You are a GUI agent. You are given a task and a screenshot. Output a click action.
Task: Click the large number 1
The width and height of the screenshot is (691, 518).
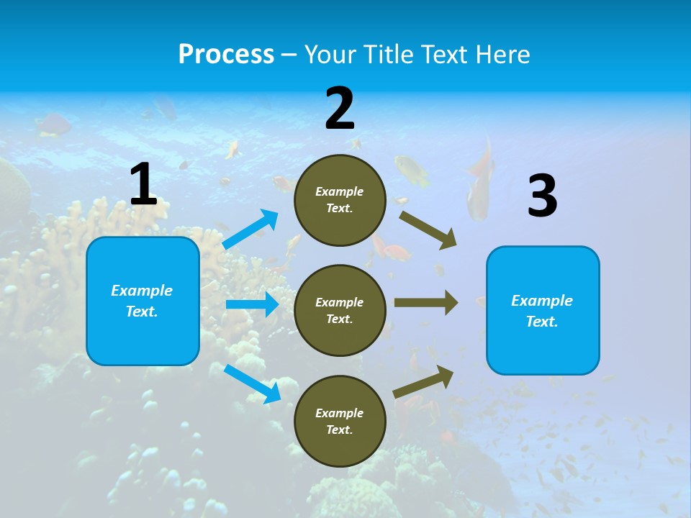(143, 184)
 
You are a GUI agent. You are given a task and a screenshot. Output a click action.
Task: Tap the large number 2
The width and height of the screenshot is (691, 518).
(340, 109)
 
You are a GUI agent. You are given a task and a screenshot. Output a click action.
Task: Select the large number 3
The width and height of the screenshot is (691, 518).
(542, 196)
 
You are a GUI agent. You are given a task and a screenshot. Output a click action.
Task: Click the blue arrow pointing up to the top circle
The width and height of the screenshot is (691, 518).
(250, 230)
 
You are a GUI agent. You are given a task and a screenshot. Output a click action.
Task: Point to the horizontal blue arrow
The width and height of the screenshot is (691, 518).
(252, 304)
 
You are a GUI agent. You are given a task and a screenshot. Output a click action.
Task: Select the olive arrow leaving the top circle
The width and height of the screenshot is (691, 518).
(428, 230)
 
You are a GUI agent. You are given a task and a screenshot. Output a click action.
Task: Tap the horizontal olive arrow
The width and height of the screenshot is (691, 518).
(425, 303)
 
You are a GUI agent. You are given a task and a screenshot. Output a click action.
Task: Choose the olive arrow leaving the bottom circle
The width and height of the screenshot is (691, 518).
(423, 381)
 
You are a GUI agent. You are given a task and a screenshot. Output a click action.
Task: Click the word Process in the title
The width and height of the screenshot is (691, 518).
(226, 54)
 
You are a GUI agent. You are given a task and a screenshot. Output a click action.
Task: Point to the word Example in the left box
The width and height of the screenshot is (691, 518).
(142, 291)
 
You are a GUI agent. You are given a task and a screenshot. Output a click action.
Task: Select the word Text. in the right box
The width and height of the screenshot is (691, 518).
(542, 322)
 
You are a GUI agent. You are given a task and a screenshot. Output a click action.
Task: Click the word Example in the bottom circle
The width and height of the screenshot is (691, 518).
(339, 413)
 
